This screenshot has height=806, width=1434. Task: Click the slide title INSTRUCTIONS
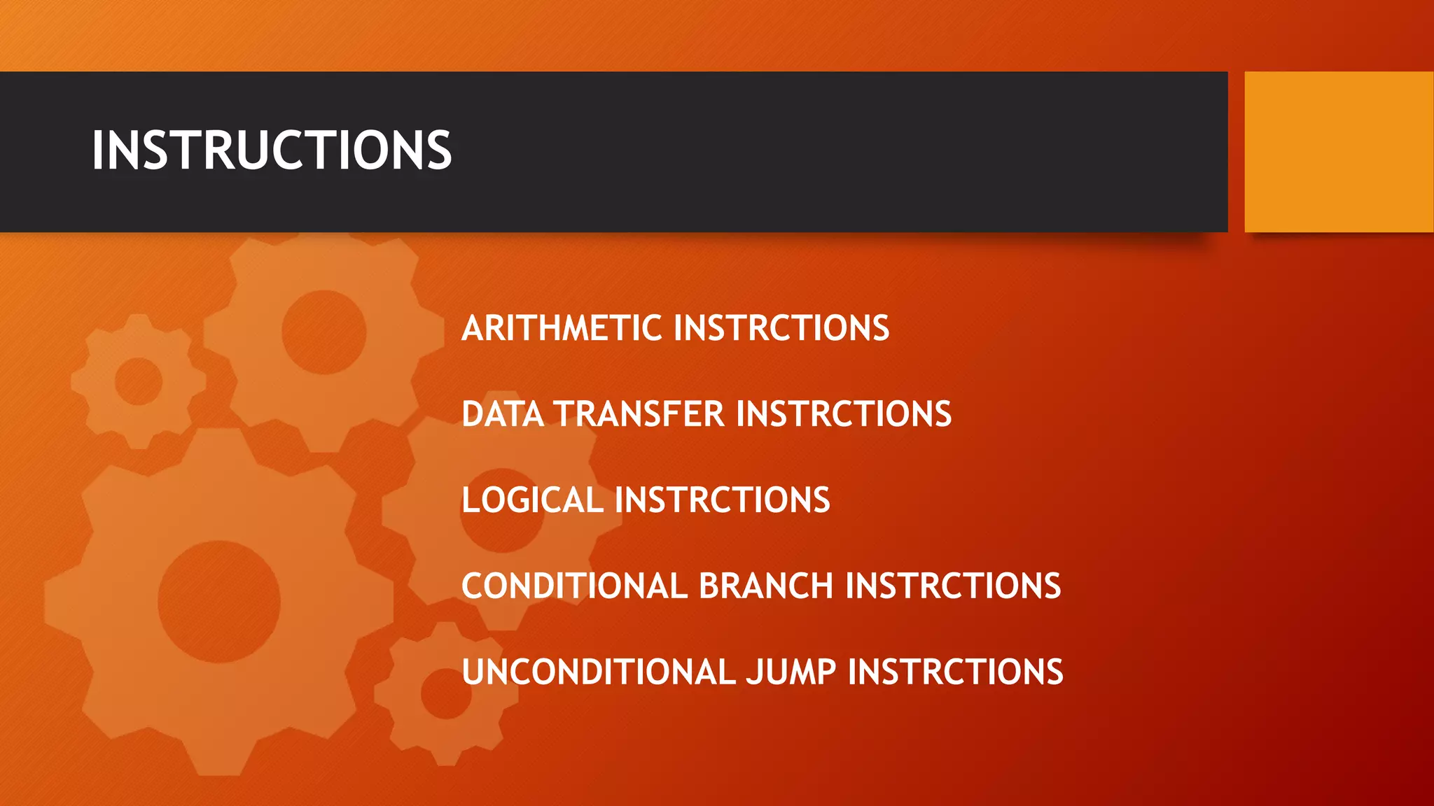click(272, 151)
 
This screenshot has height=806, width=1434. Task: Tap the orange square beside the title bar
click(1338, 152)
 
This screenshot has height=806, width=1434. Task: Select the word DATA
click(503, 414)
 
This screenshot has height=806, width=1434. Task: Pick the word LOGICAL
click(532, 500)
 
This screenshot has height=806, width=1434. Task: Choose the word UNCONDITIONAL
click(599, 672)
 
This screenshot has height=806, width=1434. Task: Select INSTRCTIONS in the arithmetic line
click(781, 328)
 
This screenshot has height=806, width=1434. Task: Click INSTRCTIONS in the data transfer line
click(844, 414)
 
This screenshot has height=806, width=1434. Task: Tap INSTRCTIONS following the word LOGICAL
click(722, 500)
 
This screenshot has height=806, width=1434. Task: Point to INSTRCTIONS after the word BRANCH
click(953, 586)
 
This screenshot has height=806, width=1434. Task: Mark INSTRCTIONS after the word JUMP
click(955, 672)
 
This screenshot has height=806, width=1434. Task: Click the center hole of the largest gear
click(218, 601)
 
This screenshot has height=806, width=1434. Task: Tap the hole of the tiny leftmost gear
click(139, 381)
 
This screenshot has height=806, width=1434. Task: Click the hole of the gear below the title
click(323, 332)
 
